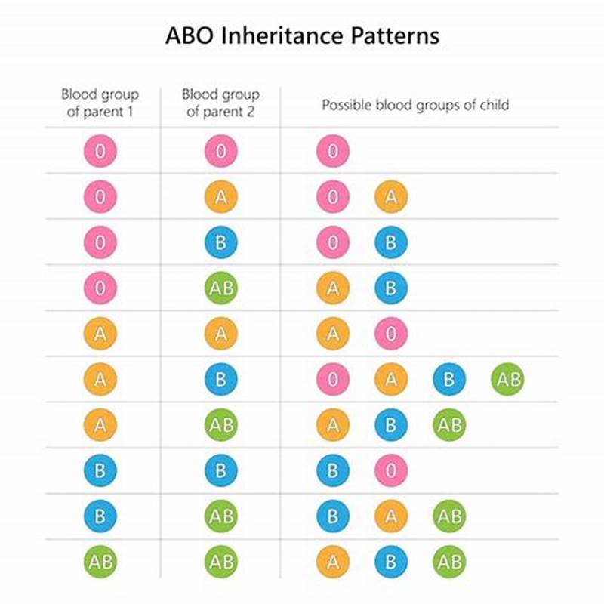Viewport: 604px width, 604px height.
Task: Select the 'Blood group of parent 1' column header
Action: point(100,103)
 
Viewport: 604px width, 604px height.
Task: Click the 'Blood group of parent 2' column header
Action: point(220,103)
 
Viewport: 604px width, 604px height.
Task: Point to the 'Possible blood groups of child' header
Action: point(415,104)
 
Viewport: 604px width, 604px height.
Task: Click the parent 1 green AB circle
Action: point(100,562)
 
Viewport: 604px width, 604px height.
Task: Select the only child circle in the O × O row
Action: point(332,151)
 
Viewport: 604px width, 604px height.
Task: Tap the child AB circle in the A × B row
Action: point(507,380)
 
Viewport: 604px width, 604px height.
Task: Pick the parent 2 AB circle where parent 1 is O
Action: point(220,288)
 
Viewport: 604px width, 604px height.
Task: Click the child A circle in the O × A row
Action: point(390,197)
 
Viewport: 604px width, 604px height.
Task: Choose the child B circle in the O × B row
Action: point(390,242)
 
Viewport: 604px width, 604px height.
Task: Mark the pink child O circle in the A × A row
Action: point(390,334)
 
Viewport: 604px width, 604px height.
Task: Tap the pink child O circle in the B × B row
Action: point(390,471)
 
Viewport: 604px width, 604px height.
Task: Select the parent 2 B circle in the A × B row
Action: point(220,380)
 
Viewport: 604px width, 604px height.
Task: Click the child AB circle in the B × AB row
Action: point(449,517)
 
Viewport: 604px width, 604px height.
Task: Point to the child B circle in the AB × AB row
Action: point(390,562)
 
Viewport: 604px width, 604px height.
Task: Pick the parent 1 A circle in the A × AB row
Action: point(100,426)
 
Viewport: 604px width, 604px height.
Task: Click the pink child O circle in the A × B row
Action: point(332,380)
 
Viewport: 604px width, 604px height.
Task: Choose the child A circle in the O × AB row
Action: point(332,288)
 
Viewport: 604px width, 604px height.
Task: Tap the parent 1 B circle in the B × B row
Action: point(100,471)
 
